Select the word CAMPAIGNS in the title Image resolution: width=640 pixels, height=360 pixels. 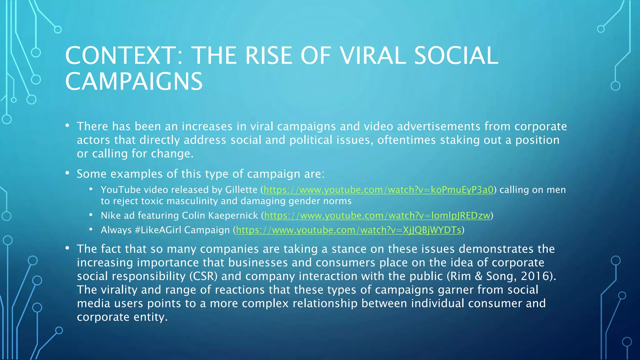[134, 81]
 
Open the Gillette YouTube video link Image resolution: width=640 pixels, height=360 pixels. [378, 190]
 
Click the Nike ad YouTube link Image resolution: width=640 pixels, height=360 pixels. [377, 215]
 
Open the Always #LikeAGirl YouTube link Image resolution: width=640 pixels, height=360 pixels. [348, 230]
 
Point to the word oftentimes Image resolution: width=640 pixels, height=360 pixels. [407, 140]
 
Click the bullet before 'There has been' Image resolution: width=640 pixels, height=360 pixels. [67, 126]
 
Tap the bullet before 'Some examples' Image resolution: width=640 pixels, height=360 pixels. [67, 173]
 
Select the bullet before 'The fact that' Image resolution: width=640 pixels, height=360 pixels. [67, 248]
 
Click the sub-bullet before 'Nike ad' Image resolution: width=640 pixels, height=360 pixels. [91, 215]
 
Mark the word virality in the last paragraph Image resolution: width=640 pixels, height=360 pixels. [115, 290]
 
